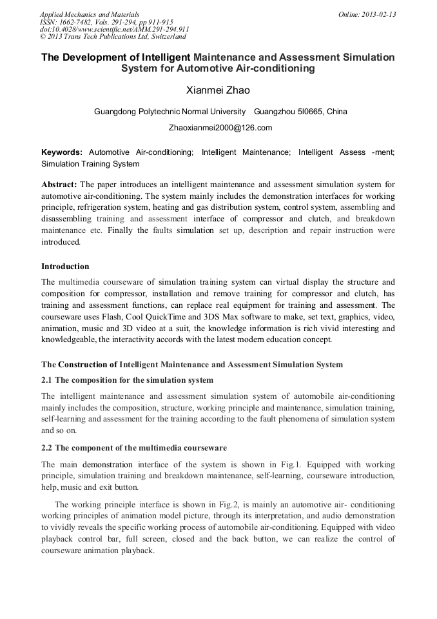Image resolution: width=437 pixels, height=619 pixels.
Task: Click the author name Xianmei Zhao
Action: (x=218, y=90)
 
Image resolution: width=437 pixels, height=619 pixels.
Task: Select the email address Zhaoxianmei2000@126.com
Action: (x=220, y=128)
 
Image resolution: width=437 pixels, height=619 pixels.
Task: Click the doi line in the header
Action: (x=114, y=30)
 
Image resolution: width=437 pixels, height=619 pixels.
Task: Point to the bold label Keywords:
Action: (x=62, y=152)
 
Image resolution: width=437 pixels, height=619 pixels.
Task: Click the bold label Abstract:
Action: (x=59, y=185)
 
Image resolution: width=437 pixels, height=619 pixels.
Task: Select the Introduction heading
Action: (x=65, y=267)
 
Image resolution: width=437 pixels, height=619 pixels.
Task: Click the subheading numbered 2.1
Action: (x=127, y=380)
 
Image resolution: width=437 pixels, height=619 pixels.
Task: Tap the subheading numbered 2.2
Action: (x=133, y=448)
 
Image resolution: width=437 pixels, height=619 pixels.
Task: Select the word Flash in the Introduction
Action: (x=110, y=317)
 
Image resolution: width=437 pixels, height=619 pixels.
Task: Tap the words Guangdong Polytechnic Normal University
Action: (x=170, y=112)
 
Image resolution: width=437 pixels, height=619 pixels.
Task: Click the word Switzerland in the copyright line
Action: (x=162, y=37)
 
